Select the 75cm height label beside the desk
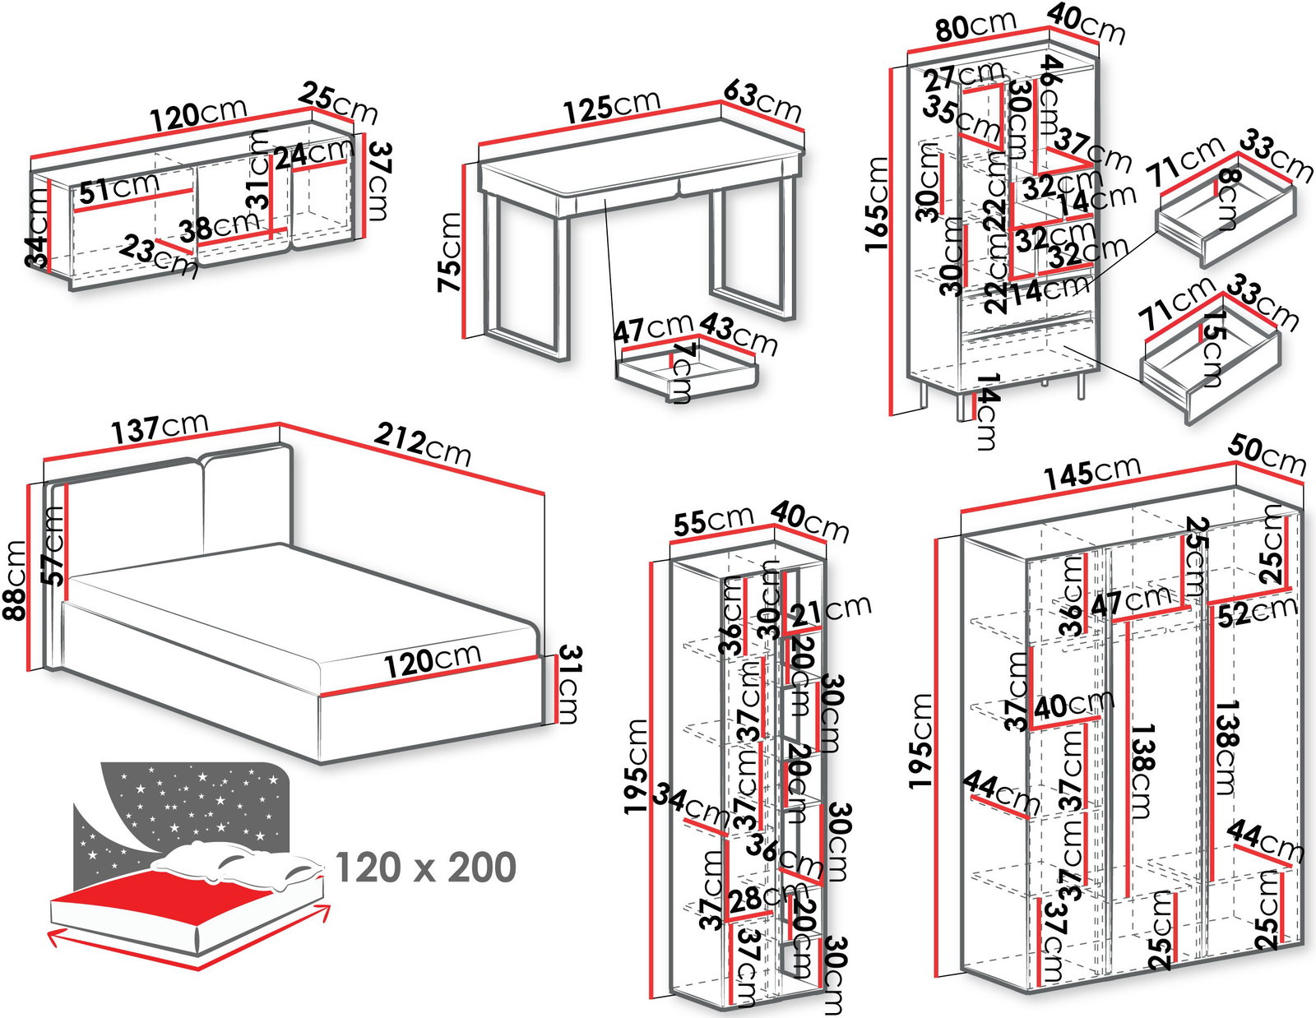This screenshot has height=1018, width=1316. point(450,252)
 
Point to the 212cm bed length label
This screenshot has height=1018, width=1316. point(423,445)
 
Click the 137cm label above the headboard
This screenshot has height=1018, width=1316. point(160,428)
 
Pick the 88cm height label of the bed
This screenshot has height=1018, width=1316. point(15,581)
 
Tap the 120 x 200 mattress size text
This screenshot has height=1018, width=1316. point(426,868)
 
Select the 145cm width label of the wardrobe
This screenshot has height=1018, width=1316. point(1092,471)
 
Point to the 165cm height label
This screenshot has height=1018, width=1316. point(876,203)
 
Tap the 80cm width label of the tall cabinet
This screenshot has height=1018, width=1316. point(975,26)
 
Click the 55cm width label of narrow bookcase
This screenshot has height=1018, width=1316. point(713,521)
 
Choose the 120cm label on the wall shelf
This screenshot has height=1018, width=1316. point(199,114)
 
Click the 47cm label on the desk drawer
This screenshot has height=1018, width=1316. point(653,329)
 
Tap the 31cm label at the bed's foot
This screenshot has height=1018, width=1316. point(568,684)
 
